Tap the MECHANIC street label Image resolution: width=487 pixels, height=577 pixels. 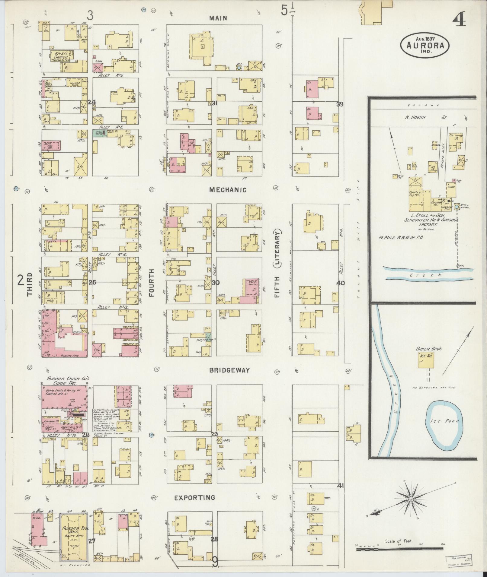pyautogui.click(x=228, y=190)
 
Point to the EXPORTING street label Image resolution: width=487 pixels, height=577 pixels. pyautogui.click(x=195, y=497)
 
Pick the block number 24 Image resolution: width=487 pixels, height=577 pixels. pyautogui.click(x=92, y=102)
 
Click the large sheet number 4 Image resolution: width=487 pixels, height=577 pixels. pyautogui.click(x=459, y=20)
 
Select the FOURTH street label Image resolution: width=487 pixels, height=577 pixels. pyautogui.click(x=151, y=283)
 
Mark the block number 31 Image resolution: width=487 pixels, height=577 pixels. pyautogui.click(x=214, y=103)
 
